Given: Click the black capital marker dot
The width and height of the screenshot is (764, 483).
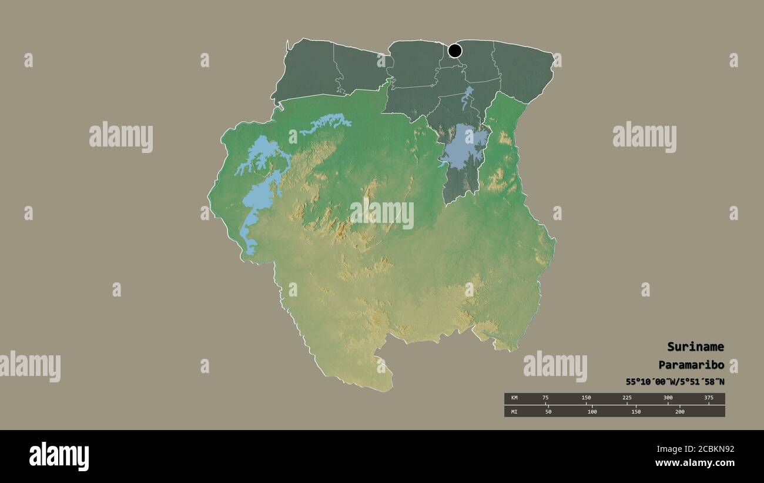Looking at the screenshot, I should (455, 51).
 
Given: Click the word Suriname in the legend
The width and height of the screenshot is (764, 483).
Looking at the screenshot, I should (695, 347).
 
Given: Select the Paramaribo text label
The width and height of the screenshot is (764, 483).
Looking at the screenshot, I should (691, 364).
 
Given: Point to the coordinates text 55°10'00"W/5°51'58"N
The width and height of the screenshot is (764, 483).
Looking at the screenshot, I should (675, 382).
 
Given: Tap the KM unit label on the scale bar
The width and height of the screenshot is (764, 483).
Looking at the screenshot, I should (514, 398).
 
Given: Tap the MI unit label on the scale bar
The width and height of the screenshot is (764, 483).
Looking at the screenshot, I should (514, 411).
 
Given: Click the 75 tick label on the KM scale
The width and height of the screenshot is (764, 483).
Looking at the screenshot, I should (545, 398).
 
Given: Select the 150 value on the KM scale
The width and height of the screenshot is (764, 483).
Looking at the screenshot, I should (586, 398).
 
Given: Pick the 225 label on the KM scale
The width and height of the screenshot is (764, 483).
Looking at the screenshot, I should (627, 398).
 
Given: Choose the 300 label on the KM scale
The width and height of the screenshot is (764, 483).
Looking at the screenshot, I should (668, 398).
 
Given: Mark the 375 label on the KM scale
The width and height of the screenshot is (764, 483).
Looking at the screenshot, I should (708, 398).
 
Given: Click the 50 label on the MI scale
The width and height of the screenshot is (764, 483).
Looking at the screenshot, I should (548, 411).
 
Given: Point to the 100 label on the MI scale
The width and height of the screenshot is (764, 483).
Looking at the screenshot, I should (592, 411).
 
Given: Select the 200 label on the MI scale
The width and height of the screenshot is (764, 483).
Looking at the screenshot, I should (679, 411).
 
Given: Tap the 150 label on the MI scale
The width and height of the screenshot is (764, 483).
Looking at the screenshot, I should (636, 411).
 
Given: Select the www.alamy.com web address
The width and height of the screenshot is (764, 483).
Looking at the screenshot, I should (695, 463).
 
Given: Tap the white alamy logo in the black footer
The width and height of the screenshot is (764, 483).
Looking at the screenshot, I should (59, 457).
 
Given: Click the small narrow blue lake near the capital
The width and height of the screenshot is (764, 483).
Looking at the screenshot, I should (467, 98).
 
